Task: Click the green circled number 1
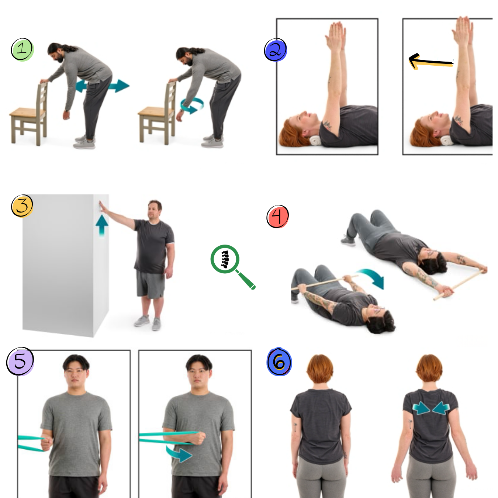(x=23, y=50)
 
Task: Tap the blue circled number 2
(x=276, y=50)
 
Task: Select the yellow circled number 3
(x=22, y=206)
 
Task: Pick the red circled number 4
(x=277, y=217)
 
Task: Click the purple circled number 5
(x=20, y=361)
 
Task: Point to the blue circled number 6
(x=279, y=362)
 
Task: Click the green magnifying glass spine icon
(x=232, y=266)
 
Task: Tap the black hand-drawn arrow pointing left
(x=431, y=62)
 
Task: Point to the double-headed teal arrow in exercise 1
(x=103, y=86)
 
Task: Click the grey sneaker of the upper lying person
(x=348, y=241)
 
